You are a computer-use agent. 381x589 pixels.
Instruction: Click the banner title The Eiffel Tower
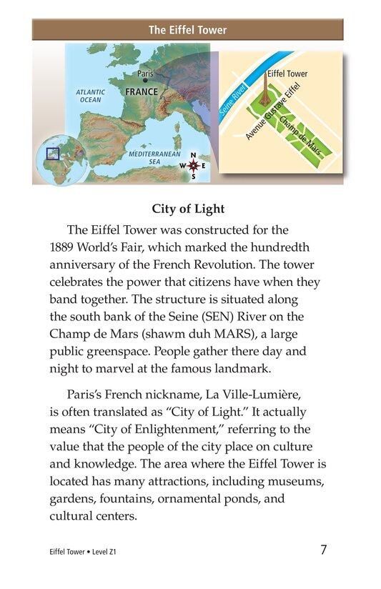coord(187,30)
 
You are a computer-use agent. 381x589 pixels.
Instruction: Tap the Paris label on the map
coord(145,74)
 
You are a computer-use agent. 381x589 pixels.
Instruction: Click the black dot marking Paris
coord(145,81)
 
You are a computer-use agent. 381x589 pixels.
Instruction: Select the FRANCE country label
coord(141,92)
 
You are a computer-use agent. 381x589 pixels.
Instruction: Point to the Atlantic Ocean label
coord(91,96)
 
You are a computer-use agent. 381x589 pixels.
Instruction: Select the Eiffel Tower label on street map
coord(287,74)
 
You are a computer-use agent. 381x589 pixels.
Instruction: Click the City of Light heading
coord(188,209)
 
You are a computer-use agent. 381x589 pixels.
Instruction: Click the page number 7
coord(324,550)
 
